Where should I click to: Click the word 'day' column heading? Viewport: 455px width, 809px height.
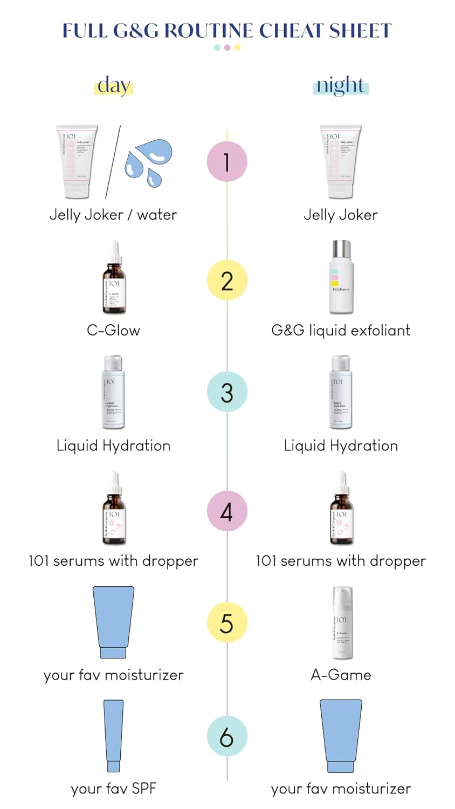114,85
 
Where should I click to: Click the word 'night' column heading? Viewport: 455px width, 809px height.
341,85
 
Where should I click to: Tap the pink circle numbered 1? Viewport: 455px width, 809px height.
227,162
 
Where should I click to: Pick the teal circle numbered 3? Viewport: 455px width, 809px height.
227,392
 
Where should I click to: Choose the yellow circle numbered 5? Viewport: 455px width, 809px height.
227,623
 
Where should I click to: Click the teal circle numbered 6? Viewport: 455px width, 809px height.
227,736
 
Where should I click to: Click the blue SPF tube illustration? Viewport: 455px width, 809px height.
113,736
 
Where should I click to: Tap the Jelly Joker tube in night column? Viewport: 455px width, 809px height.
340,162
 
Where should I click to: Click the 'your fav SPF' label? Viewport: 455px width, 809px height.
113,789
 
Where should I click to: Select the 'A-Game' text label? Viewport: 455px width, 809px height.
341,675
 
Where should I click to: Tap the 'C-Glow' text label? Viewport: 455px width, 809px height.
113,330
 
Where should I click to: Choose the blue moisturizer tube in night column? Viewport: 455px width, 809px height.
341,736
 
